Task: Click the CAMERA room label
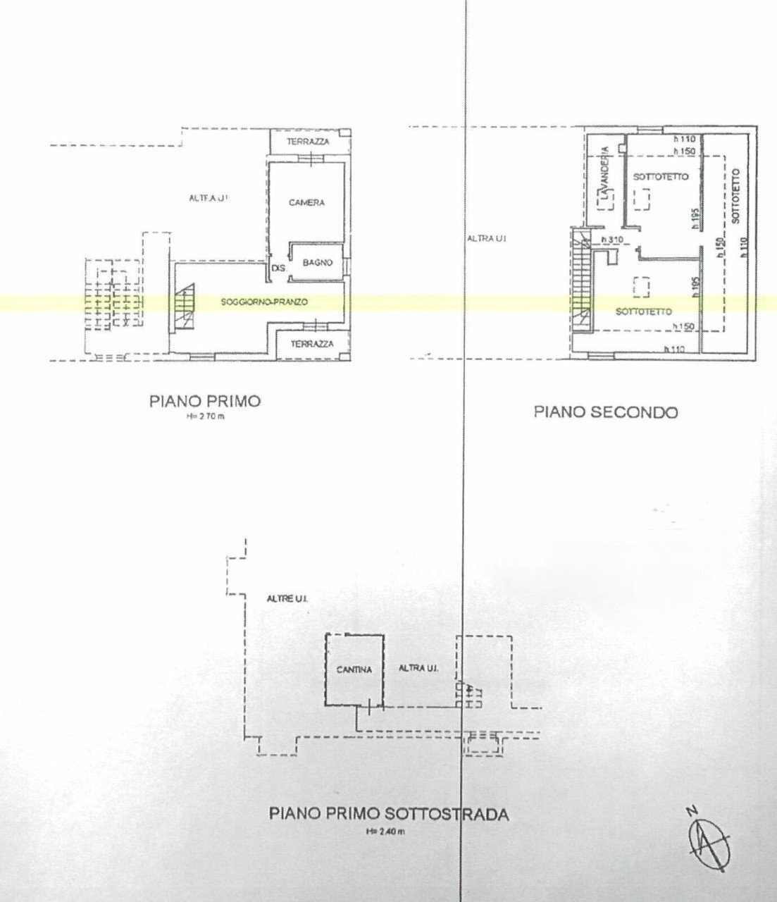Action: point(306,203)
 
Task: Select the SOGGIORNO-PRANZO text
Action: point(254,302)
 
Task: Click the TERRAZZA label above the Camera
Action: point(309,142)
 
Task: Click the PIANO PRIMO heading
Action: point(205,402)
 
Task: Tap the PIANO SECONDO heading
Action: point(605,412)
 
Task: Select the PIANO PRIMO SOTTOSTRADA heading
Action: point(389,814)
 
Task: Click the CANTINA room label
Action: point(354,669)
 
